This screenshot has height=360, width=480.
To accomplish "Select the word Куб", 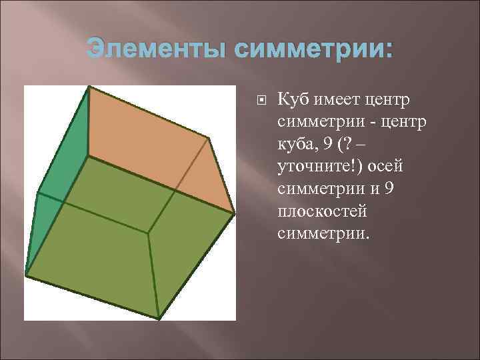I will point(293,100).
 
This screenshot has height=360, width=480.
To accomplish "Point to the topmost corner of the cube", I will point(89,87).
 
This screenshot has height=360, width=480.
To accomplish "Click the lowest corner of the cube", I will point(159,317).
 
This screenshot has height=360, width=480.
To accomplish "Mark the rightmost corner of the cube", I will point(234,213).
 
